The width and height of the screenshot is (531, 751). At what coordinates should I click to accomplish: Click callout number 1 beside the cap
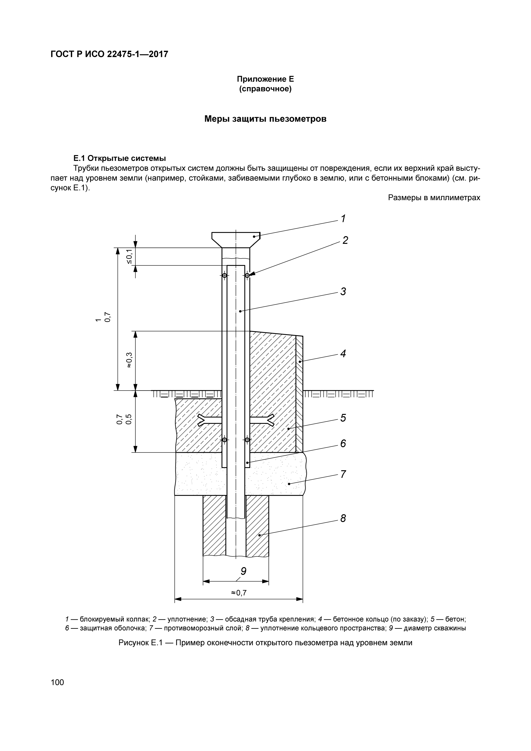[343, 219]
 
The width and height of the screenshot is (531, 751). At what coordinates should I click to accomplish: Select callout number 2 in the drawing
[345, 240]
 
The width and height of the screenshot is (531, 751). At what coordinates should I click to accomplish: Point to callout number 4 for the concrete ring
[343, 354]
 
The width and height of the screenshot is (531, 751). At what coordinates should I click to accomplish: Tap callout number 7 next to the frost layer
[343, 474]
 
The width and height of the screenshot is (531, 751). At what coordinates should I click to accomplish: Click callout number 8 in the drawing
[343, 519]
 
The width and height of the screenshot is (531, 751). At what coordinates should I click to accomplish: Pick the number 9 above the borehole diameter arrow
[243, 571]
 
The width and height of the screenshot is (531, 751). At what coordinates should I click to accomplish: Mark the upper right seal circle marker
[247, 275]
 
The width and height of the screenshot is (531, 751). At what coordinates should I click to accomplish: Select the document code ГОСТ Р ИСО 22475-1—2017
[109, 54]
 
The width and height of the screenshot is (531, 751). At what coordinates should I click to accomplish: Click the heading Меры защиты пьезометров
[265, 119]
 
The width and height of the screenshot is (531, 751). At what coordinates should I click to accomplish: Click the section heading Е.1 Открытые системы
[120, 159]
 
